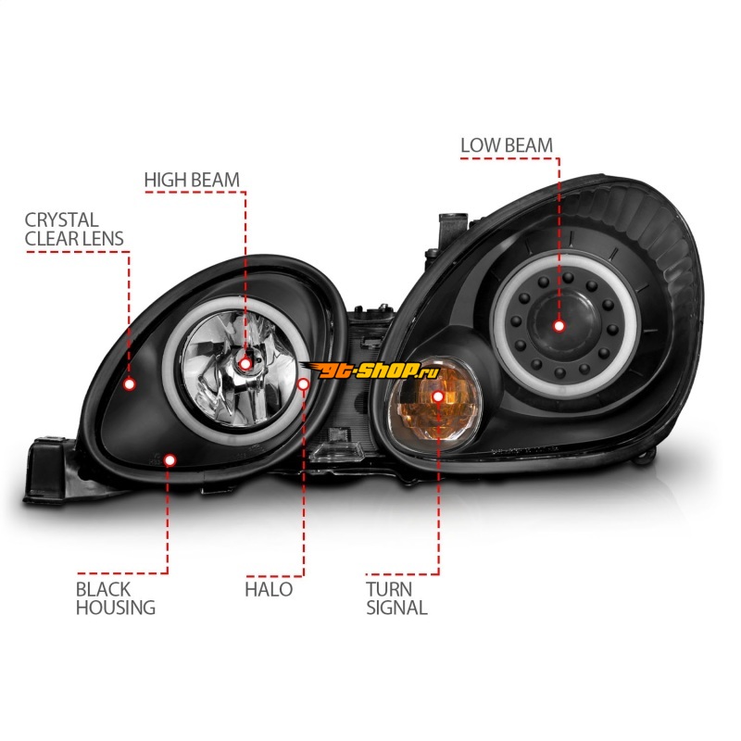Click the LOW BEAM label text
(507, 145)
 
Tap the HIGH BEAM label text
(191, 179)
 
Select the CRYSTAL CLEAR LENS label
(74, 229)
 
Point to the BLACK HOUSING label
(116, 598)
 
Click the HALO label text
(269, 589)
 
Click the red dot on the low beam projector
(559, 325)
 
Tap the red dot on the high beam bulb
(245, 363)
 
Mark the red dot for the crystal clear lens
(130, 383)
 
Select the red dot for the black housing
(169, 458)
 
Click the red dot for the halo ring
(304, 383)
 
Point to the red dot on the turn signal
(438, 396)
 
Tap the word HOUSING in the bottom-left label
(116, 609)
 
